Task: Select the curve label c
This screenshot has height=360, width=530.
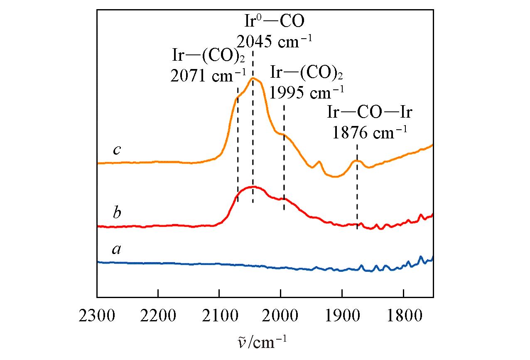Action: click(x=117, y=150)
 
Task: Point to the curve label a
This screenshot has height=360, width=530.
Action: click(x=117, y=250)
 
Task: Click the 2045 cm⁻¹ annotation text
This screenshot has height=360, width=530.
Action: click(x=275, y=41)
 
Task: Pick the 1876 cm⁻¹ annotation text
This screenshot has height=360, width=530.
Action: click(x=369, y=133)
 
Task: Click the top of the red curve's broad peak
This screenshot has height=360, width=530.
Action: click(x=253, y=187)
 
